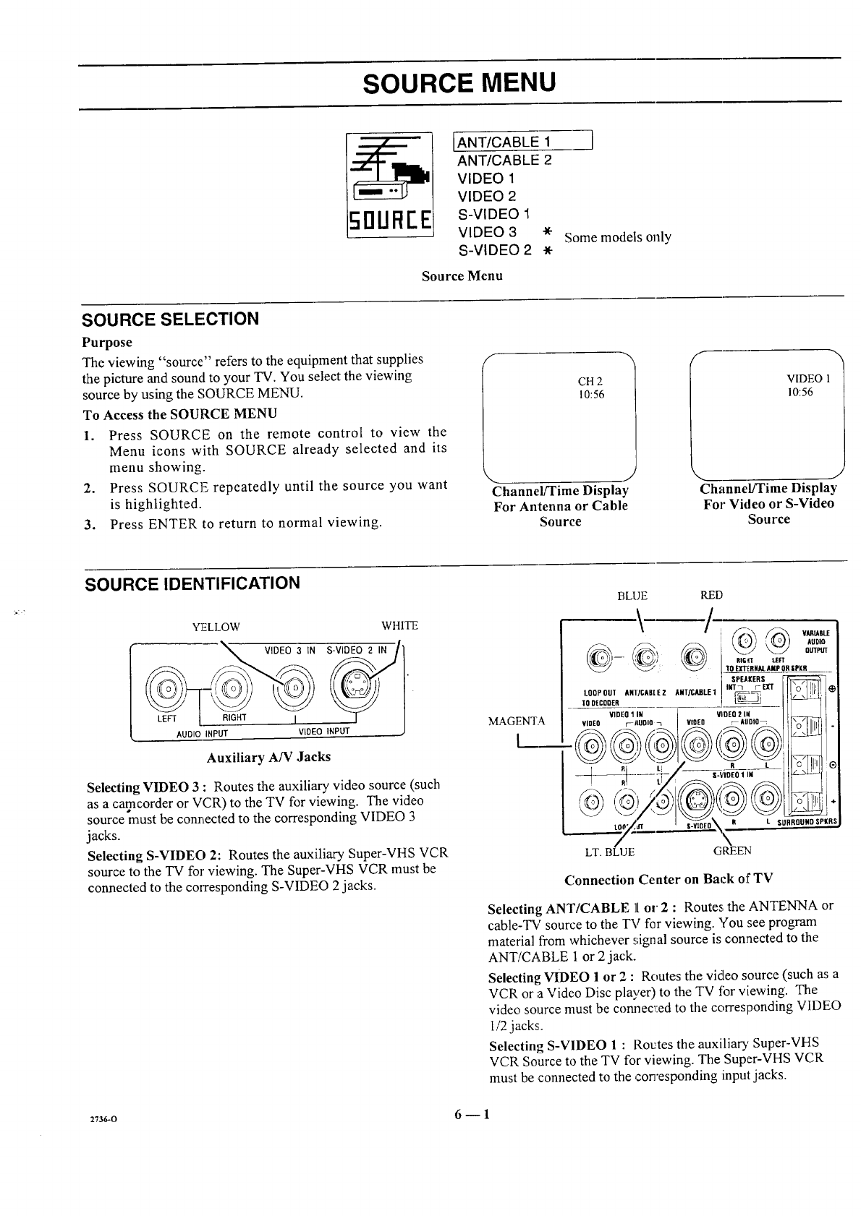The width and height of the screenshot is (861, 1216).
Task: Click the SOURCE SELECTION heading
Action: click(170, 319)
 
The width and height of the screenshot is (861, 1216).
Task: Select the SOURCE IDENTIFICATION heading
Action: click(192, 583)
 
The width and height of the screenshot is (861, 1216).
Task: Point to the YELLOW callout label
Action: click(215, 626)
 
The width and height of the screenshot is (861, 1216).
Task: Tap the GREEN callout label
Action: click(732, 851)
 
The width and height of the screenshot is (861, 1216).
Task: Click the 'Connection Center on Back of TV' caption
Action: click(668, 879)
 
